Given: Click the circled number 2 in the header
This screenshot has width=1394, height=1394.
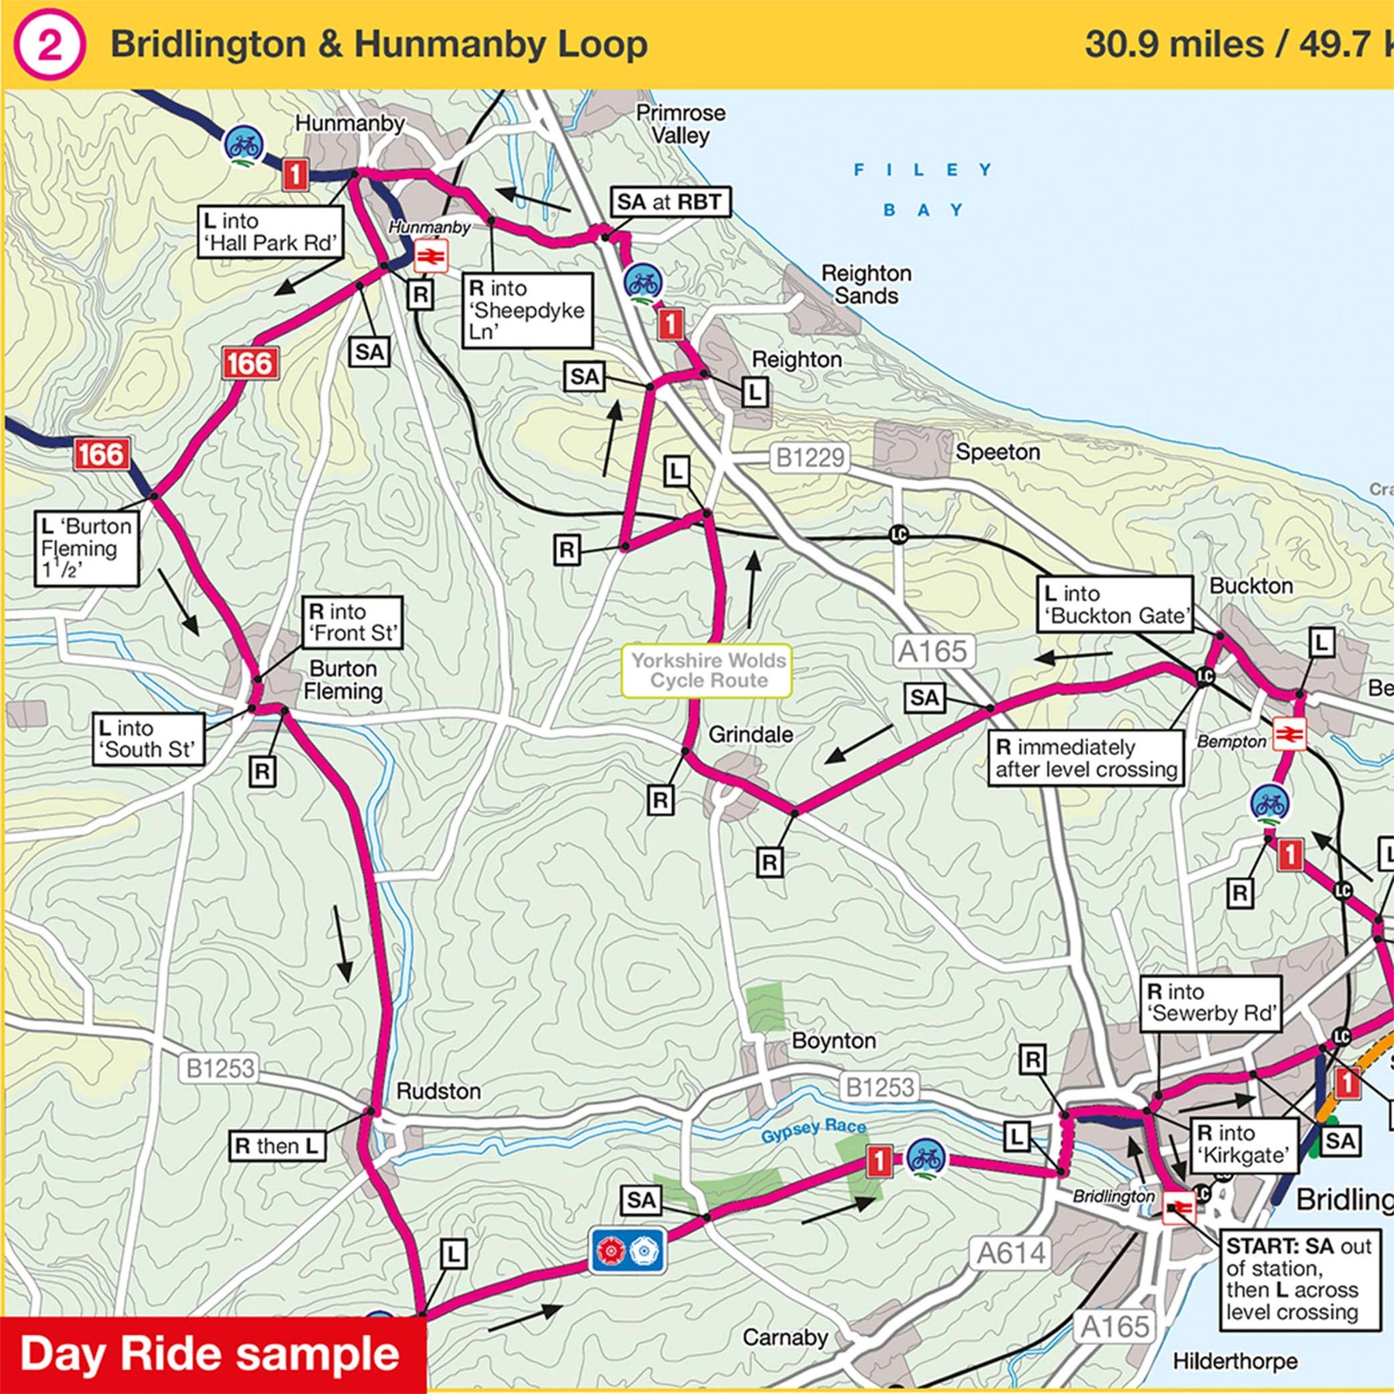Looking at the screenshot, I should click(48, 46).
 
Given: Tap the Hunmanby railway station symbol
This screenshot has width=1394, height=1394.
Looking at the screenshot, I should click(431, 256).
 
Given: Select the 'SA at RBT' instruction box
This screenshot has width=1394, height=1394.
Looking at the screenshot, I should click(670, 203).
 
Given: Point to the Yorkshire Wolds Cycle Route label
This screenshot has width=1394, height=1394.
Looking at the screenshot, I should click(707, 671).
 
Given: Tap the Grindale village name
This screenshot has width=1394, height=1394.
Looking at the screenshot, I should click(750, 734).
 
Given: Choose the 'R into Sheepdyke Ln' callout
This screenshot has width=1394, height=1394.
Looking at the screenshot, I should click(527, 310).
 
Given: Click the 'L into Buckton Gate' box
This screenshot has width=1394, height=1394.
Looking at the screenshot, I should click(1114, 605).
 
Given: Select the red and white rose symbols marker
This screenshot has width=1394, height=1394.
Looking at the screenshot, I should click(627, 1250).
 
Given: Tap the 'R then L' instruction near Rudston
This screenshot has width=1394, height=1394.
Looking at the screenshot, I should click(276, 1145).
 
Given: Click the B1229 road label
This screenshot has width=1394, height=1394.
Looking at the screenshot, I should click(810, 458).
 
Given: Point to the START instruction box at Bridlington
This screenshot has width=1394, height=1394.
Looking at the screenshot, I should click(1299, 1279).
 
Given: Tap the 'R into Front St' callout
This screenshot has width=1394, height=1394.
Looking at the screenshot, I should click(352, 623).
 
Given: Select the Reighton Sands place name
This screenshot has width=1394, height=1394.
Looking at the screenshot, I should click(866, 284).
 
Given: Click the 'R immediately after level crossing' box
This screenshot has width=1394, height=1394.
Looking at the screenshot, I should click(1085, 758).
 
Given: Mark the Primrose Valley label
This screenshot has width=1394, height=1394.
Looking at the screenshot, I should click(680, 124).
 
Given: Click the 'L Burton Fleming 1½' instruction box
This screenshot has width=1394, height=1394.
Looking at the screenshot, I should click(87, 548).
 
